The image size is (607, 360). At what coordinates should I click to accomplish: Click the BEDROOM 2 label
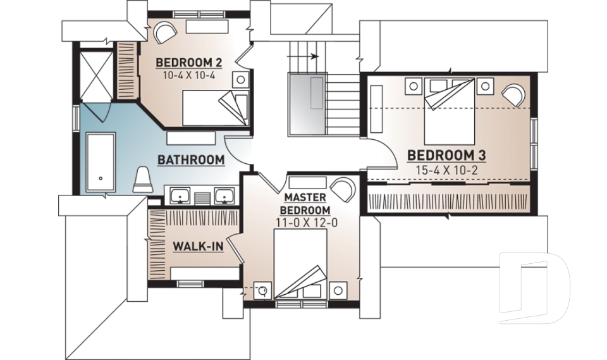coord(189,63)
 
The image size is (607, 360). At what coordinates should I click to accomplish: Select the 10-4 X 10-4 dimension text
coord(189,75)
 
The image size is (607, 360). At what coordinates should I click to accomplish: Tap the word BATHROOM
coord(191,160)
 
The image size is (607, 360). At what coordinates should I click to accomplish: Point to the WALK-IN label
coord(197,245)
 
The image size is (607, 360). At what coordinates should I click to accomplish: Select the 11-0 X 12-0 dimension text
coord(305,222)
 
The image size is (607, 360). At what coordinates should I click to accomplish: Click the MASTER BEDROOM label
coord(305,204)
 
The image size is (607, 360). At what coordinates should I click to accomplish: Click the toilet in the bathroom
coord(144,179)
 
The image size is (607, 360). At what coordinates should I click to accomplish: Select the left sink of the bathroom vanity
coord(181,197)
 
